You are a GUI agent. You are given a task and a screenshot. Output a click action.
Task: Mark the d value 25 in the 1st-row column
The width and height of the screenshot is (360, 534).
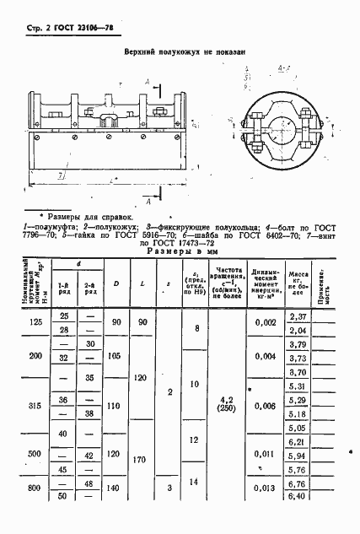(62, 316)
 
